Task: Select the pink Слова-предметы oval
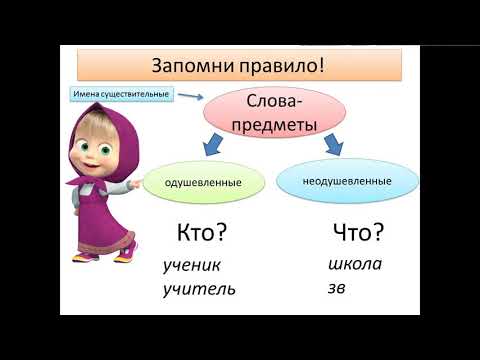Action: tap(282, 114)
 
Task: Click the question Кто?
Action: tap(201, 233)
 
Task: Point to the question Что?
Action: tap(356, 233)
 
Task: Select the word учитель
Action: tap(199, 290)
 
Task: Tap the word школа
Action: tap(355, 265)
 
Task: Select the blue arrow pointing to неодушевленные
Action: tap(332, 147)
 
